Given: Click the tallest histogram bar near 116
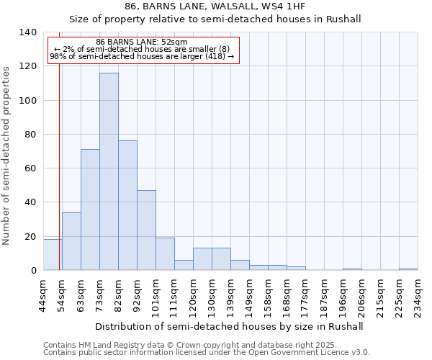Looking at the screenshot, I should click(x=109, y=171).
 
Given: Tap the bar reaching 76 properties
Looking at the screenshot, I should click(x=127, y=205).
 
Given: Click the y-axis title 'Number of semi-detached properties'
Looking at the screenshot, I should click(x=7, y=155).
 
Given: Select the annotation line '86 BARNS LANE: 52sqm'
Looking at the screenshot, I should click(x=141, y=42).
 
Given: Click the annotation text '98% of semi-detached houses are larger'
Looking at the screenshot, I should click(x=141, y=57).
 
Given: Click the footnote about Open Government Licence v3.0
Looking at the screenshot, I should click(x=206, y=352).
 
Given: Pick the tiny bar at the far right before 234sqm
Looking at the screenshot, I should click(x=408, y=269).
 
